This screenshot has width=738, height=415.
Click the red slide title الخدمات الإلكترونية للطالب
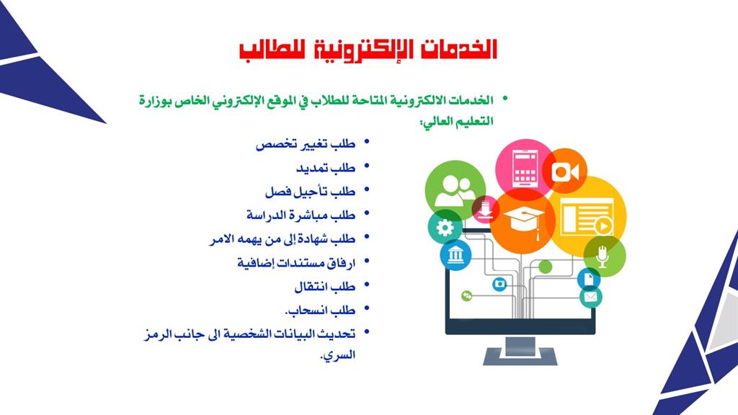click(368, 50)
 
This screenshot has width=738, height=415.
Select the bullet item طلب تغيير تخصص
click(306, 143)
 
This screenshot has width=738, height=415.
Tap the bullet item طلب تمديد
click(326, 167)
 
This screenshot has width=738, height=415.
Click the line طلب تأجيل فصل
click(310, 191)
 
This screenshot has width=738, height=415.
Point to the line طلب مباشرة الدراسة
click(301, 215)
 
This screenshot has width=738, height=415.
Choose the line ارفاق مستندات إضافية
click(296, 262)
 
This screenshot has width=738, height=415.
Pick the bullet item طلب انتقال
click(325, 286)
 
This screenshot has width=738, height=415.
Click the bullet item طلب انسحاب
click(320, 310)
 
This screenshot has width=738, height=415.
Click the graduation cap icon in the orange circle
click(523, 221)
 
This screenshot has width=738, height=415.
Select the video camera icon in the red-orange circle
click(565, 171)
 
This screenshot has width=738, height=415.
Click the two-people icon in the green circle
click(455, 190)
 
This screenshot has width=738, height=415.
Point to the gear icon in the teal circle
click(445, 228)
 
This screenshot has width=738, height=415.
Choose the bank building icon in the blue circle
click(455, 255)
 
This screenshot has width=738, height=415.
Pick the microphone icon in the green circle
click(603, 256)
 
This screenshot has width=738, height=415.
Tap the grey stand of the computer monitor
click(520, 351)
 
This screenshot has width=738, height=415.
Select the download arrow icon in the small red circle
click(485, 210)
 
